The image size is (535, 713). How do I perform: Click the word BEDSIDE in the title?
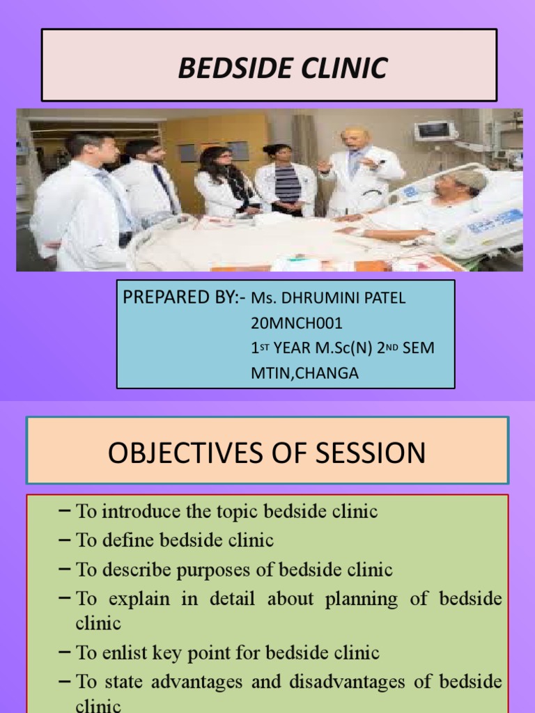pos(236,68)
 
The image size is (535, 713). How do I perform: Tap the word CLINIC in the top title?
pos(344,68)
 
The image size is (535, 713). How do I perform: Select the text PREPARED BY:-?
pos(184,297)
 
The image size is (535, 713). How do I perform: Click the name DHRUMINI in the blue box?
pos(321,298)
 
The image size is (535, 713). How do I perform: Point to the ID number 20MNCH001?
pos(297,323)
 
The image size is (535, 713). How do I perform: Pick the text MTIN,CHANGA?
pos(305,373)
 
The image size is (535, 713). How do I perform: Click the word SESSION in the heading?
pos(371,453)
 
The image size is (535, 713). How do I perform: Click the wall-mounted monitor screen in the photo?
pos(435,131)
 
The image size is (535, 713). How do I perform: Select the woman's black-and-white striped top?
pos(288,184)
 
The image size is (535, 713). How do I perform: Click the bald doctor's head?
pos(355,139)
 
